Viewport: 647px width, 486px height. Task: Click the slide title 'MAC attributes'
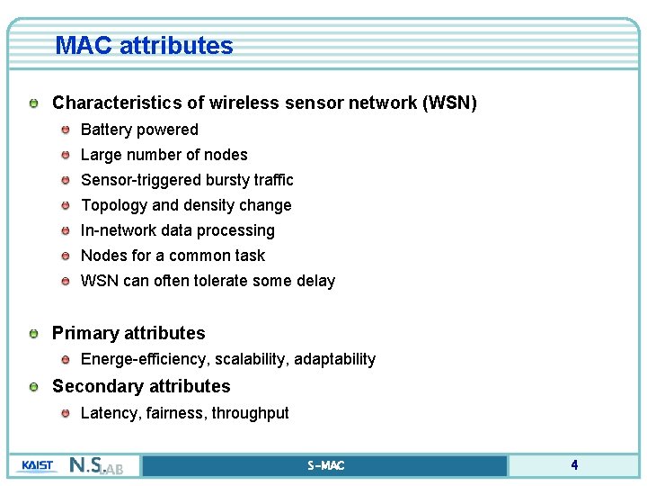(x=144, y=46)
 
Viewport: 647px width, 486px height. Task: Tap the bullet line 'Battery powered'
(x=139, y=130)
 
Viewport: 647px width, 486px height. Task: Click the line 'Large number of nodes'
(x=164, y=155)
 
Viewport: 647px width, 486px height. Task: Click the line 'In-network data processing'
(x=177, y=230)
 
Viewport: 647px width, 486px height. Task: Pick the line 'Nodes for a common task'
(x=173, y=256)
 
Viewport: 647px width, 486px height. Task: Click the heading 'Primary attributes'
(x=129, y=333)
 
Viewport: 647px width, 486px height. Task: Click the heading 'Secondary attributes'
(x=141, y=386)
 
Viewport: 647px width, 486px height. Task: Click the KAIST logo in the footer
(x=36, y=465)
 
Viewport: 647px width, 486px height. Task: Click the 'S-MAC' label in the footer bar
(x=325, y=465)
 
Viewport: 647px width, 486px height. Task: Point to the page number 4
(x=574, y=465)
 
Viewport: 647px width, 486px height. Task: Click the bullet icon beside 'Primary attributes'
(x=33, y=334)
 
